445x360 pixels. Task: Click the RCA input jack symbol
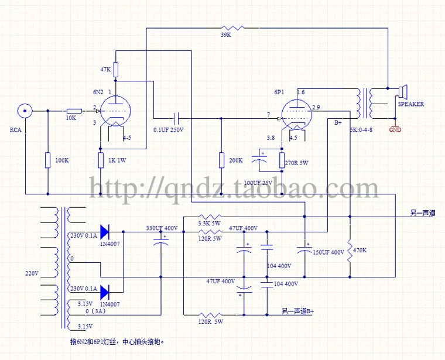coord(25,110)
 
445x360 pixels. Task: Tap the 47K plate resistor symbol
coord(115,70)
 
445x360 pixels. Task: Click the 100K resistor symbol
coord(47,160)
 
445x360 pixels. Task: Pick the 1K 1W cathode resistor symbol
coord(100,160)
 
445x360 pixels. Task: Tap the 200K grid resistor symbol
coord(221,160)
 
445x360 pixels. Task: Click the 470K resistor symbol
coord(350,249)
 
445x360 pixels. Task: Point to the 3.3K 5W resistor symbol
coord(206,216)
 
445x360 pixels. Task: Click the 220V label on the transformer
coord(32,273)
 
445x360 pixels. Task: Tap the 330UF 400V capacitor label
coord(162,228)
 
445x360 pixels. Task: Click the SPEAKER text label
coord(411,104)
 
